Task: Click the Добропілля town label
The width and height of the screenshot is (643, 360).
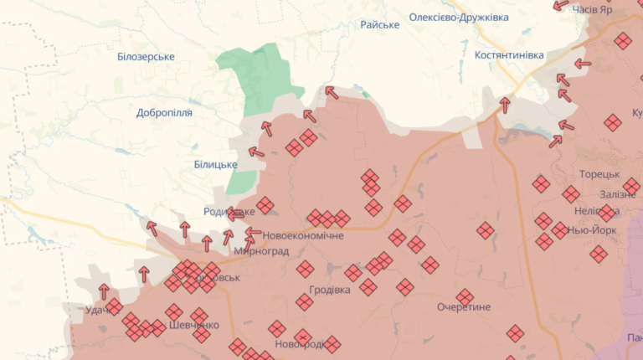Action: pyautogui.click(x=164, y=112)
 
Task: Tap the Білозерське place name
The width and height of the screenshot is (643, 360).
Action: pyautogui.click(x=146, y=56)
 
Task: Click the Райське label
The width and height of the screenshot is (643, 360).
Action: pyautogui.click(x=379, y=25)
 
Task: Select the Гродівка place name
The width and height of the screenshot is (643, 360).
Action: pyautogui.click(x=329, y=291)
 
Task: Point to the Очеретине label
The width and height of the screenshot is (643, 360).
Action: pyautogui.click(x=464, y=307)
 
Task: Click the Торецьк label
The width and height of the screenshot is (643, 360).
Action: pyautogui.click(x=599, y=174)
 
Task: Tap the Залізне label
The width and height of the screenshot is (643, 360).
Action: pyautogui.click(x=618, y=194)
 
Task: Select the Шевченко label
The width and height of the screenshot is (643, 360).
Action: pyautogui.click(x=193, y=325)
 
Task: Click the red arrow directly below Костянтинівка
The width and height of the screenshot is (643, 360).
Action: pyautogui.click(x=505, y=105)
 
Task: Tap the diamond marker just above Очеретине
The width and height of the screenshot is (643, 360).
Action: pyautogui.click(x=465, y=297)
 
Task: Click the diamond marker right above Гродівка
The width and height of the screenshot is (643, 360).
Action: pyautogui.click(x=305, y=269)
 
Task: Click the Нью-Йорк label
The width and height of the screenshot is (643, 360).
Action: pyautogui.click(x=592, y=229)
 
